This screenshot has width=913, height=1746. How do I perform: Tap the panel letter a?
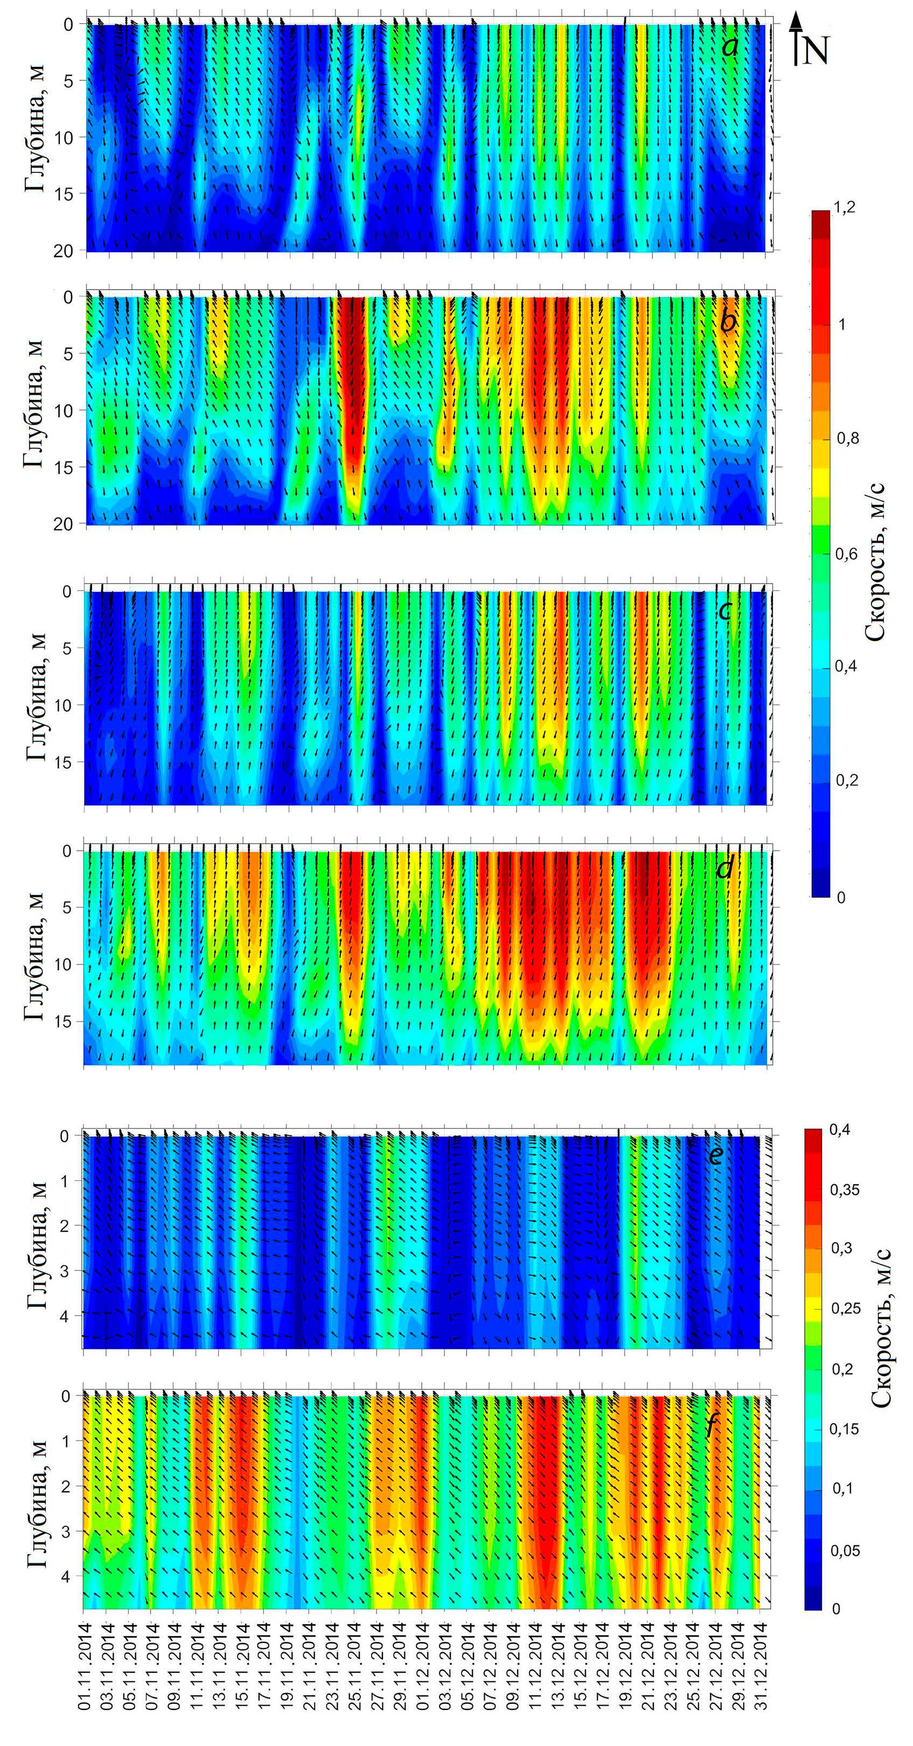tap(730, 47)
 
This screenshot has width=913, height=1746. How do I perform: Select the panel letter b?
tap(727, 321)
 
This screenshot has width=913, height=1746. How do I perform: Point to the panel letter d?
tap(724, 867)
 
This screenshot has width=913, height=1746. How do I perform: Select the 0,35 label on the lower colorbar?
tap(845, 1189)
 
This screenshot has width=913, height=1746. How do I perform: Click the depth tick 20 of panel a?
tap(65, 251)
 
